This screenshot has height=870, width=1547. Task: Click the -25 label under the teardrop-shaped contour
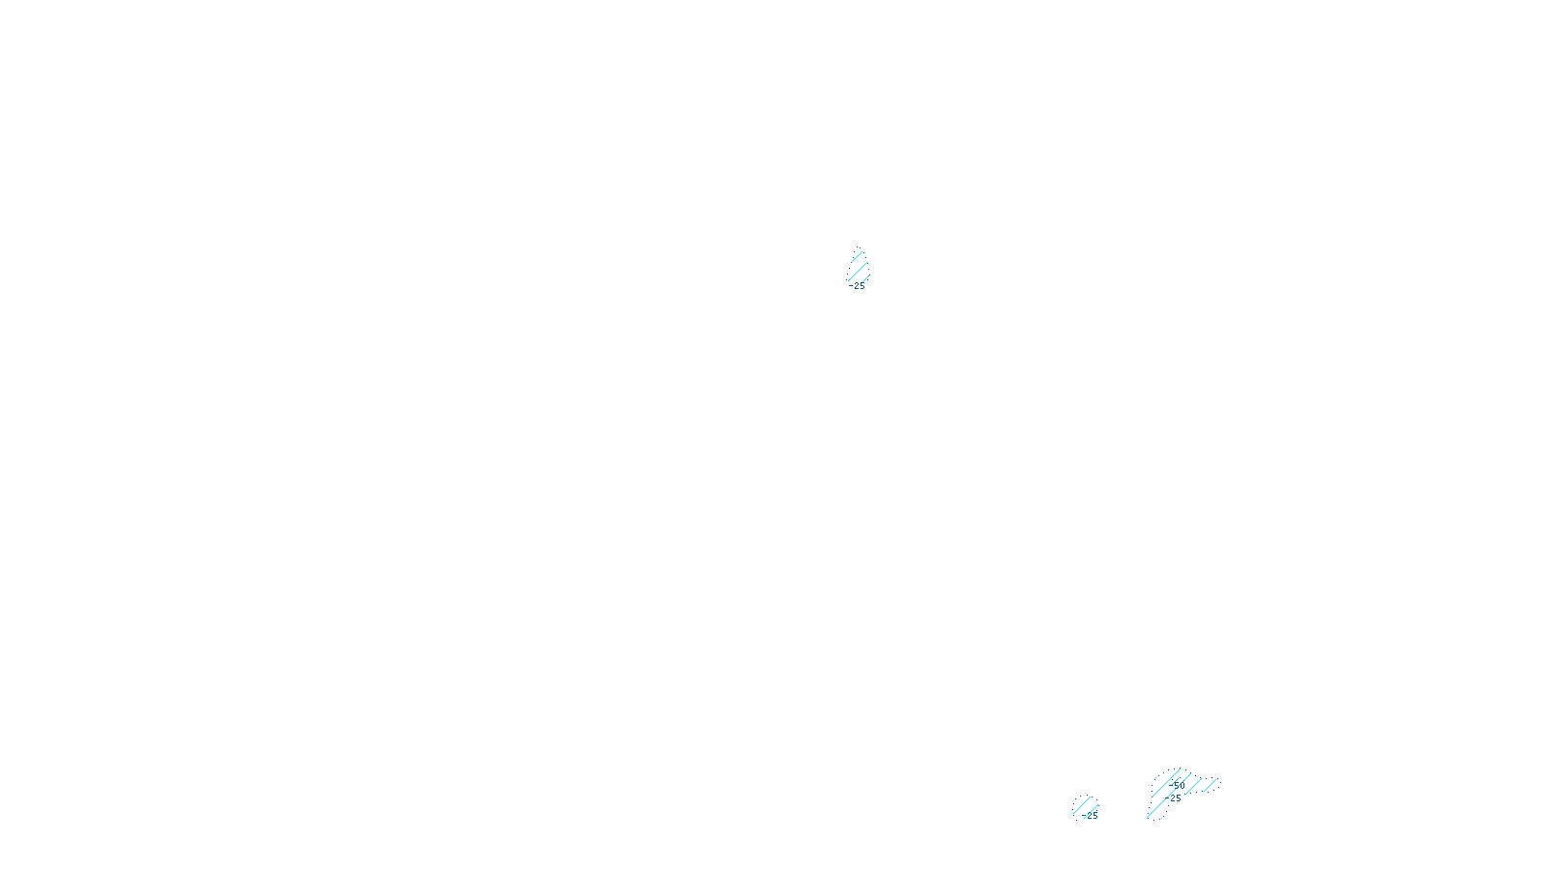pyautogui.click(x=859, y=286)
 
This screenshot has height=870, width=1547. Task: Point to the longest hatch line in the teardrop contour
pyautogui.click(x=859, y=268)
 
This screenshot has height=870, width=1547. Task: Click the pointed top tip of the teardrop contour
pyautogui.click(x=858, y=248)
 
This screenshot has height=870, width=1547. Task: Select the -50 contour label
pyautogui.click(x=1178, y=786)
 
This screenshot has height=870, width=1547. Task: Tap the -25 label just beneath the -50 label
pyautogui.click(x=1176, y=798)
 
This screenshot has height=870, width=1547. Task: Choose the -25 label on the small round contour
pyautogui.click(x=1092, y=816)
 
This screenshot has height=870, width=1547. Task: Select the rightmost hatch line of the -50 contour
pyautogui.click(x=1211, y=784)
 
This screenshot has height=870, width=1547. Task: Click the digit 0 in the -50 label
pyautogui.click(x=1182, y=786)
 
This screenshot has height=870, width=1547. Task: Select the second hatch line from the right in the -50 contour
pyautogui.click(x=1192, y=785)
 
